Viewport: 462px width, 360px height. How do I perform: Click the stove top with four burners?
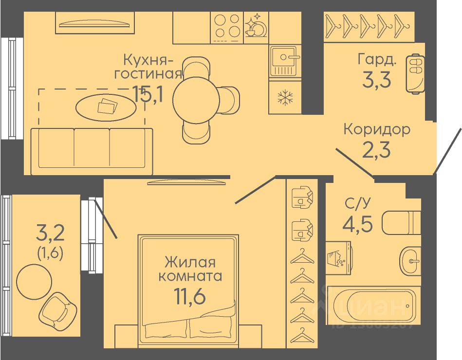(x=227, y=26)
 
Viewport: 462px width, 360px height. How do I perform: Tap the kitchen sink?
(x=284, y=61)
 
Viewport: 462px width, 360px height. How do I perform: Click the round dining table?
(x=193, y=100)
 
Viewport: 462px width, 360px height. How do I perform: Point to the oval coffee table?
(x=106, y=106)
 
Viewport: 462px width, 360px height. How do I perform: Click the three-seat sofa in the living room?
(x=92, y=151)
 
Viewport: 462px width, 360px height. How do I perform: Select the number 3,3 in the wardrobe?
(x=376, y=79)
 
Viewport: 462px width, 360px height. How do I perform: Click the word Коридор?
(x=376, y=129)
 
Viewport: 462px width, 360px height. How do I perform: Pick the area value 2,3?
(x=376, y=149)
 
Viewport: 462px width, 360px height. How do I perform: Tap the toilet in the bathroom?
(x=401, y=223)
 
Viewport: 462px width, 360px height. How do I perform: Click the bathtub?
(x=372, y=306)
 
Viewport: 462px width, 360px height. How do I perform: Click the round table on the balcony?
(x=34, y=281)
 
